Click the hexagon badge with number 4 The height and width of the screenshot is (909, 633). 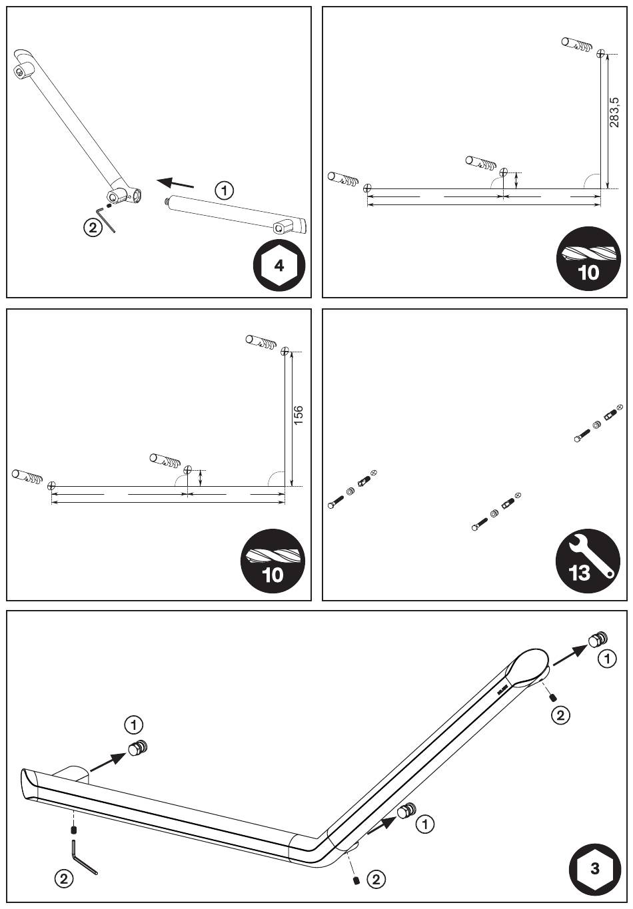pyautogui.click(x=279, y=266)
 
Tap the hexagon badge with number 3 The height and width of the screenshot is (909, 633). pyautogui.click(x=595, y=868)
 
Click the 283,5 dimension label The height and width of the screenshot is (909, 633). pyautogui.click(x=615, y=112)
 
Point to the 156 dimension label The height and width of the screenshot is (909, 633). pyautogui.click(x=299, y=416)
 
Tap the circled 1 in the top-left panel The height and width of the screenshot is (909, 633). pyautogui.click(x=225, y=190)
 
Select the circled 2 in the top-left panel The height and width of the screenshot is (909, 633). pyautogui.click(x=93, y=227)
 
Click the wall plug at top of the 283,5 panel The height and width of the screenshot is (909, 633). pyautogui.click(x=577, y=45)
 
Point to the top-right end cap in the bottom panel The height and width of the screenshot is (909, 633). pyautogui.click(x=597, y=639)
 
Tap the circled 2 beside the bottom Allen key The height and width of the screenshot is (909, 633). pyautogui.click(x=64, y=878)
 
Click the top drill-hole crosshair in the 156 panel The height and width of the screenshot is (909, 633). pyautogui.click(x=285, y=351)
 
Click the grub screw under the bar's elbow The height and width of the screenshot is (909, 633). pyautogui.click(x=357, y=880)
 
